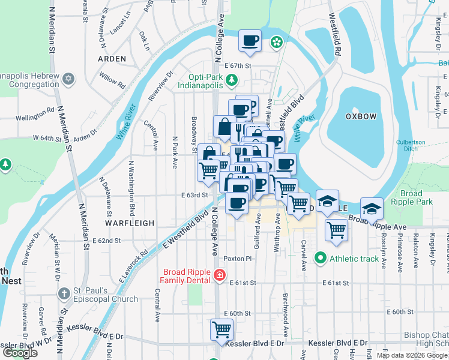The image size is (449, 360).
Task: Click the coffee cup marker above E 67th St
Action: [250, 41]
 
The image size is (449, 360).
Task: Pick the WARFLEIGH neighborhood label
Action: [130, 223]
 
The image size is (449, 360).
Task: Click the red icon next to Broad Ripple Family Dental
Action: [220, 276]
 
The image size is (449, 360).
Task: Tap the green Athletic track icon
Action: [321, 259]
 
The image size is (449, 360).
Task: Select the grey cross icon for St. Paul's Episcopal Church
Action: [64, 293]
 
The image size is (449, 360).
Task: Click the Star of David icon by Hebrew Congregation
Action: [68, 79]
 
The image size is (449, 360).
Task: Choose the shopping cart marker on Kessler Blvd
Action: [221, 329]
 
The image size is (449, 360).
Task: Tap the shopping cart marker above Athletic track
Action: [337, 230]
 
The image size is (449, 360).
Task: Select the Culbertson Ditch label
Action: [411, 146]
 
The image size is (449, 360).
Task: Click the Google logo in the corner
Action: [20, 353]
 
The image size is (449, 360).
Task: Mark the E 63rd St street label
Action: [194, 195]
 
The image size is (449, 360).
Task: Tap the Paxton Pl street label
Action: [237, 258]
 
